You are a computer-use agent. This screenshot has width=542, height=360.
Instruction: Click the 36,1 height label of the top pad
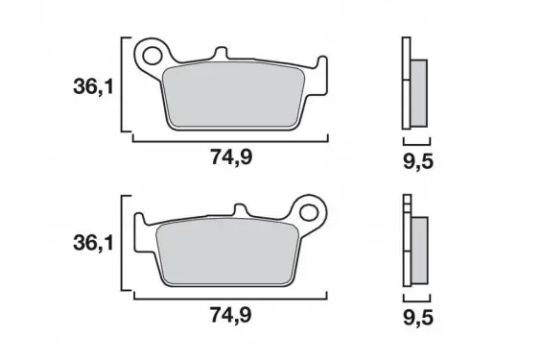(93, 86)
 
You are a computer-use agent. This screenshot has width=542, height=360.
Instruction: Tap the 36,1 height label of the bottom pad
(93, 243)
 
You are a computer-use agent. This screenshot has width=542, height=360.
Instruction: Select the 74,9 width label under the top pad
(231, 157)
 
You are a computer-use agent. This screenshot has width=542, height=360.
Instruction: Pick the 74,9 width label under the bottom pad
(231, 316)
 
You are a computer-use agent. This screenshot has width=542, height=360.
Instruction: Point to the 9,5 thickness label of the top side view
(418, 161)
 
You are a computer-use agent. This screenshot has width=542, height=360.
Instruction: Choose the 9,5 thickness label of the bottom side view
(418, 318)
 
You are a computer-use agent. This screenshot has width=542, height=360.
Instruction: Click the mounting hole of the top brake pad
(152, 56)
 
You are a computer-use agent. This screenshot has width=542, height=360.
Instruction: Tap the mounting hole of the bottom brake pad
(309, 212)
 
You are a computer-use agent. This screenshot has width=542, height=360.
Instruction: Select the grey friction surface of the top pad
(234, 95)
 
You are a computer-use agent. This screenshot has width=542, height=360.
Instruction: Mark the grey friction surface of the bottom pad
(227, 252)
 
